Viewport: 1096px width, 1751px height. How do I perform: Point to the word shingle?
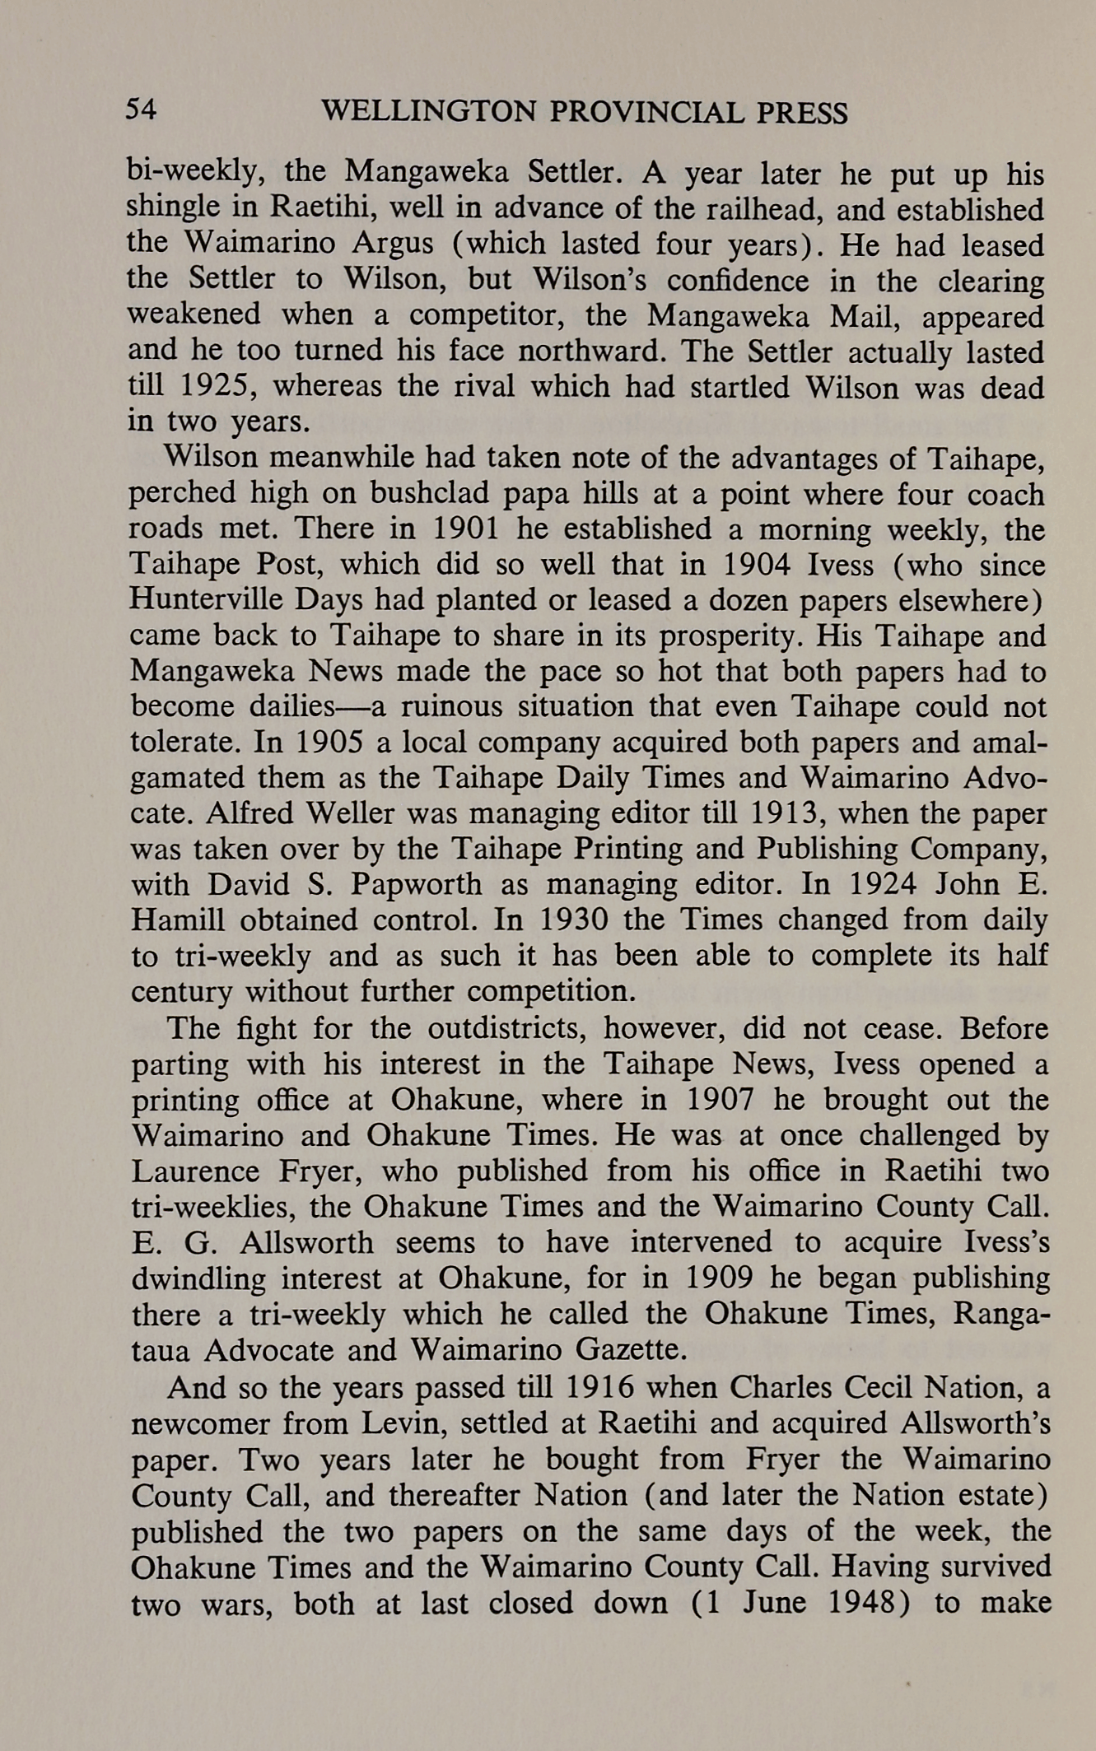170,210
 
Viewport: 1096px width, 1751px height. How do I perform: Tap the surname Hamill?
174,920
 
